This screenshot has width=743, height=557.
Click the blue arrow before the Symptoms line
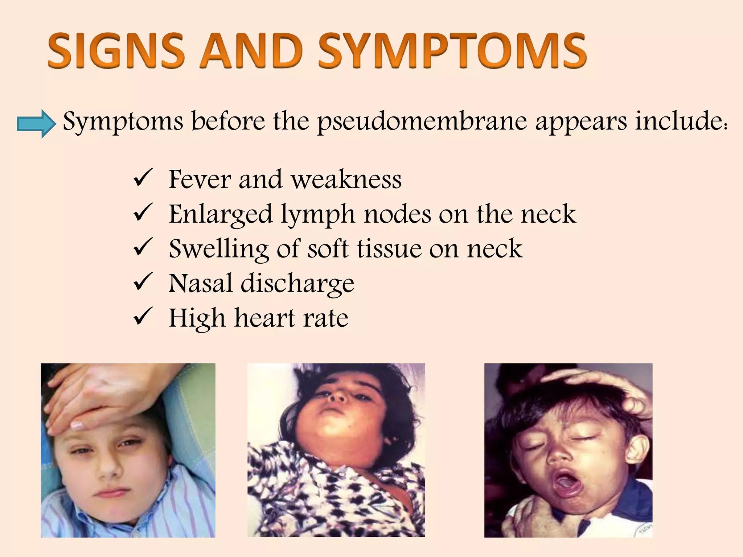[36, 124]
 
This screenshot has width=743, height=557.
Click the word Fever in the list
[200, 180]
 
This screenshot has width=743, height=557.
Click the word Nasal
[201, 284]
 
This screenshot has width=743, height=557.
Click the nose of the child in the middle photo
[337, 396]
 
